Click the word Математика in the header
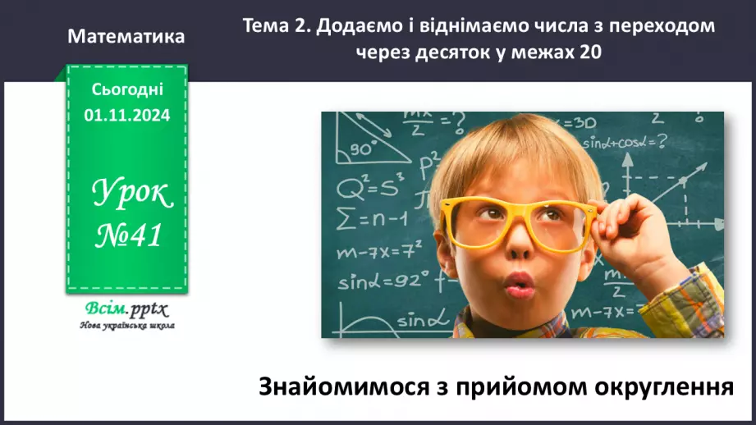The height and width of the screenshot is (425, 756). tap(126, 37)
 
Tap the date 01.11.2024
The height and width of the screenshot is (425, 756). tap(126, 116)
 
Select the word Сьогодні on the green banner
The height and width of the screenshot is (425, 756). tap(126, 89)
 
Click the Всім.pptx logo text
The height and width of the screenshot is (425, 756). tap(126, 309)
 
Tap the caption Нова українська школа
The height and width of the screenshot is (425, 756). tap(126, 325)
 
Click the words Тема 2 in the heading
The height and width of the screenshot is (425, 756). tap(277, 25)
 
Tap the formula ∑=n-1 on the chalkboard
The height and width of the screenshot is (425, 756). tap(372, 218)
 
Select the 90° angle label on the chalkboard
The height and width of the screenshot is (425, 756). tap(362, 149)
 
